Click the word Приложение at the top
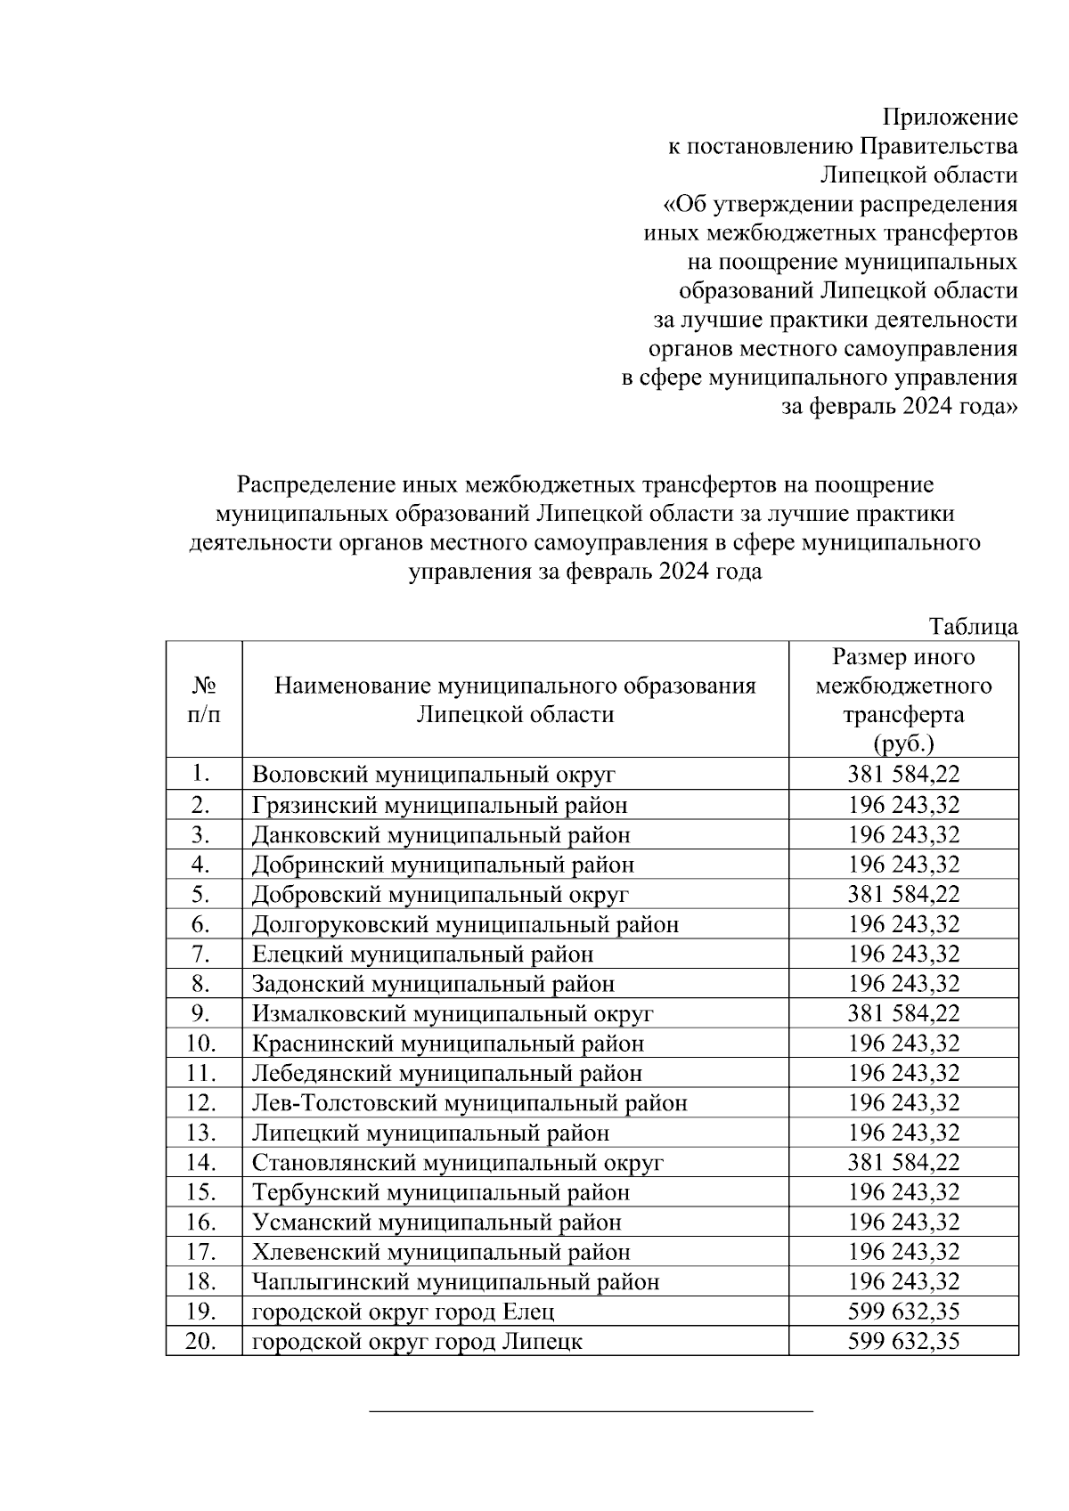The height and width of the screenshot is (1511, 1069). [x=950, y=118]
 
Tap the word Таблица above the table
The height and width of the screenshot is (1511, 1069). [x=974, y=626]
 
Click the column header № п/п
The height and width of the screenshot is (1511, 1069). [x=204, y=699]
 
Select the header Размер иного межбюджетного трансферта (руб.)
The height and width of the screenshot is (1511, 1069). [x=903, y=700]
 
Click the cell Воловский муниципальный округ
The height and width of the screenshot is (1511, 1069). [x=434, y=775]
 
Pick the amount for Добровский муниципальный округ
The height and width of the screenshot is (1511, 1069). [x=903, y=894]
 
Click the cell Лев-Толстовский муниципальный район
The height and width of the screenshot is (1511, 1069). [x=469, y=1103]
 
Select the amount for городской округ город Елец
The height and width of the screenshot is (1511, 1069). [x=903, y=1312]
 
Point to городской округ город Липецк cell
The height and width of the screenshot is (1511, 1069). [x=417, y=1342]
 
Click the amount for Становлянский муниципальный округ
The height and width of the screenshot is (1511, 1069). [x=903, y=1163]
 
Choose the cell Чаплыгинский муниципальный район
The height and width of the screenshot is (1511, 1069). [x=455, y=1282]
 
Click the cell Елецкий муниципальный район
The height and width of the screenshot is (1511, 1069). [x=422, y=955]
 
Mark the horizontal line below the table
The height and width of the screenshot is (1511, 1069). [x=592, y=1410]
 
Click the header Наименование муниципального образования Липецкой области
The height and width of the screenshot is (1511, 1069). [x=515, y=700]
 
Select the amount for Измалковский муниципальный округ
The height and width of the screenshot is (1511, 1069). [x=903, y=1013]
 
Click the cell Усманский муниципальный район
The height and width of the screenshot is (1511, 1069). [x=437, y=1223]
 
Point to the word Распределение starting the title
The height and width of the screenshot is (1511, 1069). [x=304, y=485]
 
